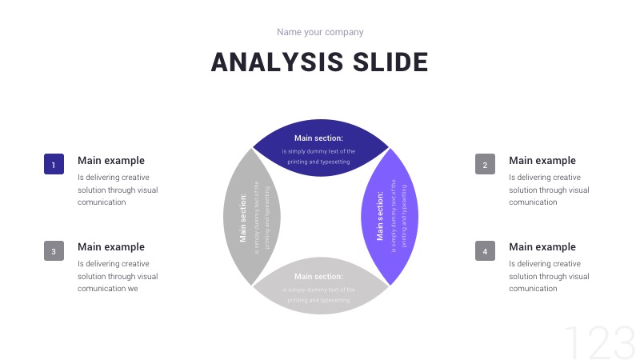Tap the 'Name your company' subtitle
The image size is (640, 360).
[320, 32]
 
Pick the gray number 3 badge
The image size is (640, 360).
[54, 250]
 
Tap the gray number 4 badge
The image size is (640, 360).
[485, 250]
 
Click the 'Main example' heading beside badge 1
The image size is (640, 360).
[111, 161]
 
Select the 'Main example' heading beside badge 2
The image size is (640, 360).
[542, 161]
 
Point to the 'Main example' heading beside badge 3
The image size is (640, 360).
[111, 247]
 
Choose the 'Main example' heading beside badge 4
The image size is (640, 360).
[542, 247]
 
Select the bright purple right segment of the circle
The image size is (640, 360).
[388, 216]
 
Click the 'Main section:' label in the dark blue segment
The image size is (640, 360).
[318, 138]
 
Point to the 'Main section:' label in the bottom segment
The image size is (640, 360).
[318, 277]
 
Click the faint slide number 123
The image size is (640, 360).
[599, 343]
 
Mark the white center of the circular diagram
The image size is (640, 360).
[320, 217]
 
